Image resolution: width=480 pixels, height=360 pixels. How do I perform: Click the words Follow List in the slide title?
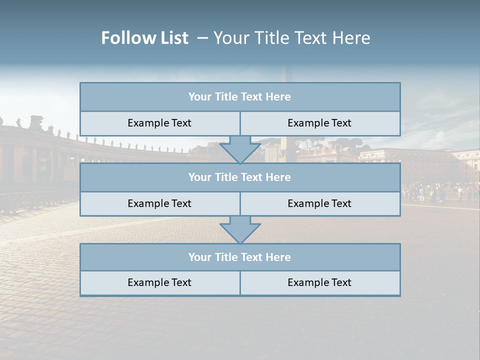click(x=144, y=38)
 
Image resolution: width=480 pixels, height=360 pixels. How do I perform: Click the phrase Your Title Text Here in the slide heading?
click(x=292, y=38)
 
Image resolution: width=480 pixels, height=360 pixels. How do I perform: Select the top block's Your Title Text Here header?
click(x=239, y=97)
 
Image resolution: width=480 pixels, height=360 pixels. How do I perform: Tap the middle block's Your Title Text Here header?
click(x=239, y=177)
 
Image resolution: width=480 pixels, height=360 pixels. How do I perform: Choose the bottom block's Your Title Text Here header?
click(x=239, y=257)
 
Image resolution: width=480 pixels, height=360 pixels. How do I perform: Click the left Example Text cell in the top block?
click(x=159, y=123)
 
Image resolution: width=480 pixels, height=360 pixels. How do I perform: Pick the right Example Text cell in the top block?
click(x=319, y=123)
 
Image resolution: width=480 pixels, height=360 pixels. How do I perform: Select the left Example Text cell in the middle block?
click(x=159, y=203)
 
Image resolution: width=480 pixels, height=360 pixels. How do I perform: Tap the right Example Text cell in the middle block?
click(x=319, y=203)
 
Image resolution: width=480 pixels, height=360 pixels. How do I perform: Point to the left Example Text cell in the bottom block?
click(x=159, y=282)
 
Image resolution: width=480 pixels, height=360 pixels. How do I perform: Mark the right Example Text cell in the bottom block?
click(x=319, y=282)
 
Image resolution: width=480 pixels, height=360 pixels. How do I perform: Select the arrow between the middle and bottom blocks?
click(x=240, y=229)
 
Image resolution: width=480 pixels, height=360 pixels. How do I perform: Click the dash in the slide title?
click(x=202, y=38)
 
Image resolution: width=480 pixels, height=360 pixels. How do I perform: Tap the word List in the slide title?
click(x=172, y=38)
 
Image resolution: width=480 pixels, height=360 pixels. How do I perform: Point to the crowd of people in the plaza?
click(x=440, y=192)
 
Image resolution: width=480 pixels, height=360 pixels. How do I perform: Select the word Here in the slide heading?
click(x=353, y=38)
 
